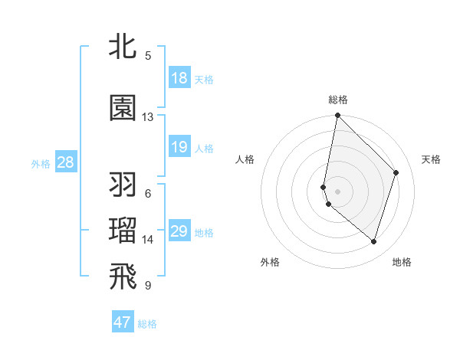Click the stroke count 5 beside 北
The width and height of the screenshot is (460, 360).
click(148, 55)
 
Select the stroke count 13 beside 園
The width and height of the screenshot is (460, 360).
click(148, 117)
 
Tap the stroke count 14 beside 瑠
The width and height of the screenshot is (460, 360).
click(148, 240)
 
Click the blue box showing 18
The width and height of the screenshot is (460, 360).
click(179, 78)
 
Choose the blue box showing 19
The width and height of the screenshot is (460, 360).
click(179, 147)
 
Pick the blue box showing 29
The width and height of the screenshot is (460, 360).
click(179, 231)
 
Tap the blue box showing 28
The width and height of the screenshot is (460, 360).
click(65, 162)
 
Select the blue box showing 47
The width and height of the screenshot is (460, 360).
click(123, 322)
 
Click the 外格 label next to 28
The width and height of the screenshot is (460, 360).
click(41, 163)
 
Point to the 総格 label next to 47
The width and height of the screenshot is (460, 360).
click(147, 324)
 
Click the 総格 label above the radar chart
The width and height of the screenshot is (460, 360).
click(338, 100)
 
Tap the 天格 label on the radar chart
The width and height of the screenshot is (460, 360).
click(431, 159)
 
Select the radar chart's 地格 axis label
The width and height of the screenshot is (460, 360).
click(402, 262)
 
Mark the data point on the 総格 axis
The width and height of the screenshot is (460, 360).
click(337, 116)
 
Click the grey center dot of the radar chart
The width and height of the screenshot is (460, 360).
click(338, 191)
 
